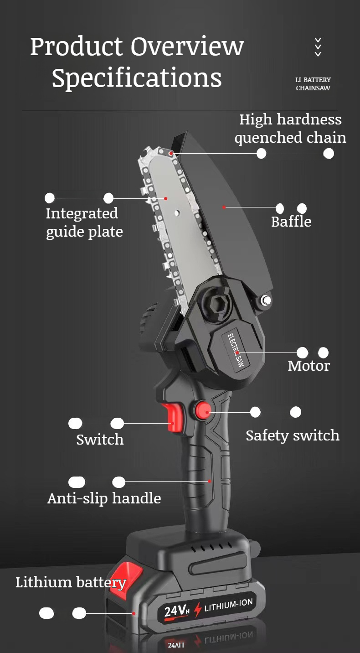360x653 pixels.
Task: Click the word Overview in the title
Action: pos(187,46)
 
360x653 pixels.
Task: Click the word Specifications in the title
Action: pos(137,78)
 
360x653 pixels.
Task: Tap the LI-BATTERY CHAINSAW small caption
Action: pos(313,84)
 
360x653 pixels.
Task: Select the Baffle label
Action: pos(291,222)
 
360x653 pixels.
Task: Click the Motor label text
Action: pos(309,366)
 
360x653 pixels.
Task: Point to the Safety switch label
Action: pos(293,435)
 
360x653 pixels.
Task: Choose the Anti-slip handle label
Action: pos(104,498)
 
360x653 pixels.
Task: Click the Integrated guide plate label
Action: pos(84,223)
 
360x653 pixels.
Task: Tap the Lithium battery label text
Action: pos(71,582)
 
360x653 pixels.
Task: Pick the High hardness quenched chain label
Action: pos(290,129)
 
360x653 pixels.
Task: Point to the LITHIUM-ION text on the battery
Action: pos(228,605)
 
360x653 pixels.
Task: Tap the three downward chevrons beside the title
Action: pos(318,47)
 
